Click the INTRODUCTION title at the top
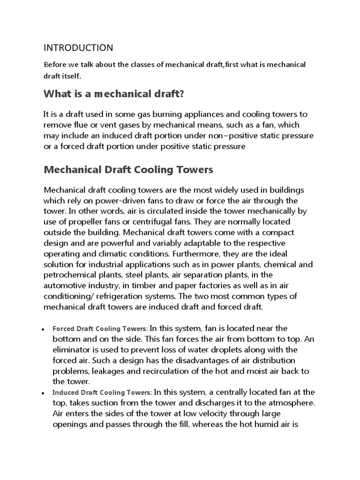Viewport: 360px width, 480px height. [x=78, y=48]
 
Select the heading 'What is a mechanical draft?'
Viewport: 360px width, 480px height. [x=113, y=94]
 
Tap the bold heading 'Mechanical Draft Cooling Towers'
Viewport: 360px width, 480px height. [x=128, y=170]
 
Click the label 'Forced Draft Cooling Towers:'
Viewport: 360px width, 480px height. [x=100, y=329]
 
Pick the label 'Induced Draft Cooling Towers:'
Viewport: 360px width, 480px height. [x=102, y=392]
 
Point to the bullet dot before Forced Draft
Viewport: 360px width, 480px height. [x=43, y=330]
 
